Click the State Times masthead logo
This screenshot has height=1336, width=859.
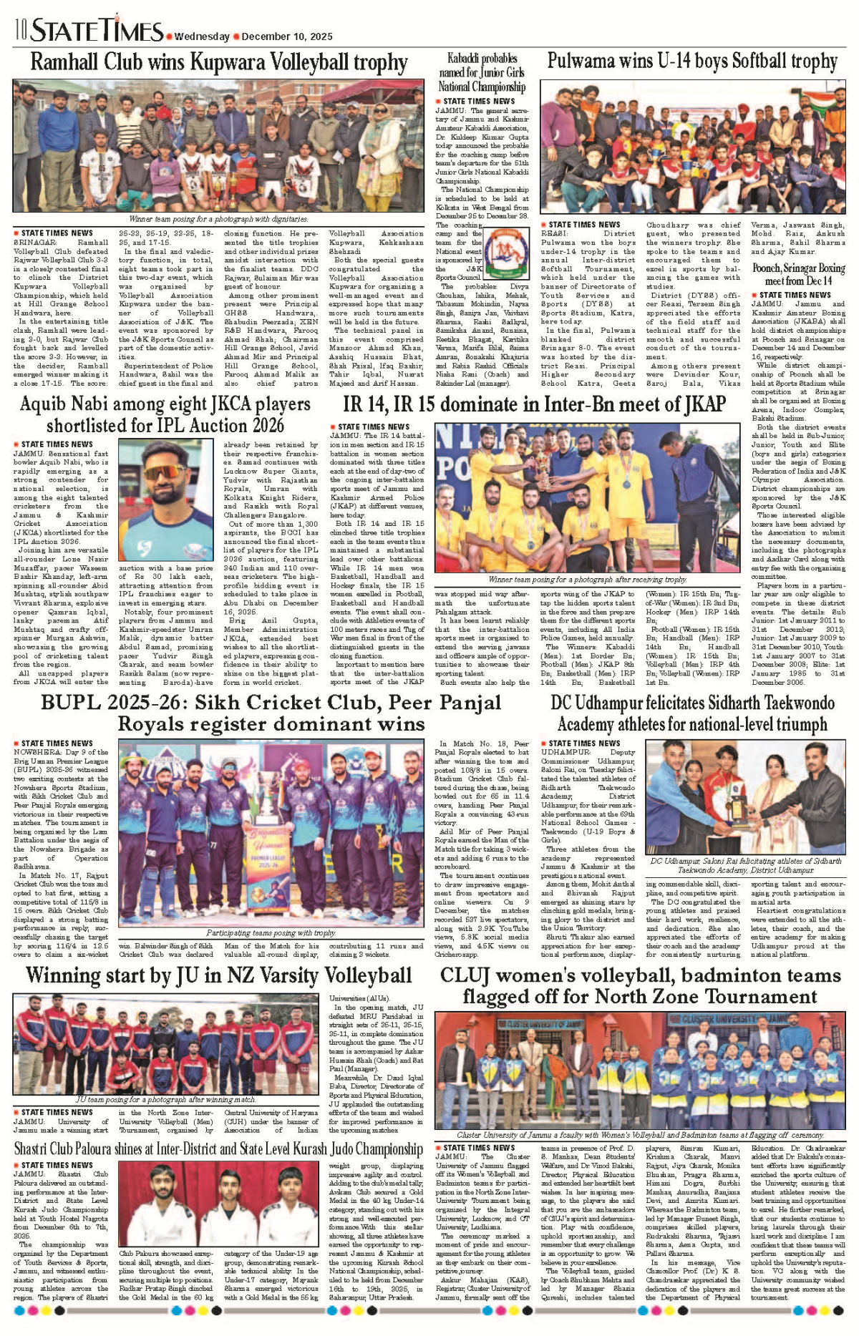(x=97, y=31)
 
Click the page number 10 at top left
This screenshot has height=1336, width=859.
(x=20, y=31)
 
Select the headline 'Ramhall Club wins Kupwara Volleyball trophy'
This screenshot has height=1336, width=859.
(x=218, y=62)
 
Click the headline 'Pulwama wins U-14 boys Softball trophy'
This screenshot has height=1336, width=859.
(x=691, y=62)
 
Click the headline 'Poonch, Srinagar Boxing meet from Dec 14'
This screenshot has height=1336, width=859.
(x=798, y=275)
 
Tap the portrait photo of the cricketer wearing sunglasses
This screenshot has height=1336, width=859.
(x=165, y=500)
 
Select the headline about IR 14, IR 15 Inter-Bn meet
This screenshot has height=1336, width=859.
(x=534, y=404)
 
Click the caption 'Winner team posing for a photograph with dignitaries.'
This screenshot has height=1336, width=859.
(x=218, y=219)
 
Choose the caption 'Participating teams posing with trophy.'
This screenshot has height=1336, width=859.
(x=271, y=932)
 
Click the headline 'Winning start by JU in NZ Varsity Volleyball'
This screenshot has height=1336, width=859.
(x=218, y=975)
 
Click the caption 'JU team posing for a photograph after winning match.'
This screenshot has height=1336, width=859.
(x=165, y=1100)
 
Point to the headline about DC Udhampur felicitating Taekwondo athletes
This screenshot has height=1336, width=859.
(x=692, y=713)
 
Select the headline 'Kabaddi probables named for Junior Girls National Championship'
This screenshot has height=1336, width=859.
(x=482, y=72)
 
